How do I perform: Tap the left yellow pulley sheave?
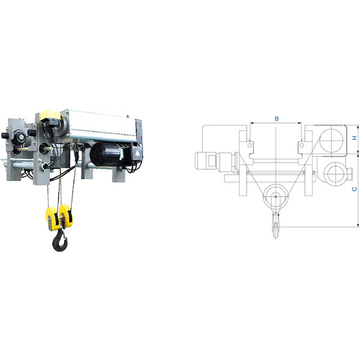point(52,218)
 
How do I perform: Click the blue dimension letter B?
point(277,119)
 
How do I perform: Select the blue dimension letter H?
point(355,138)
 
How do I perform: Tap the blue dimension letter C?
point(355,189)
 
